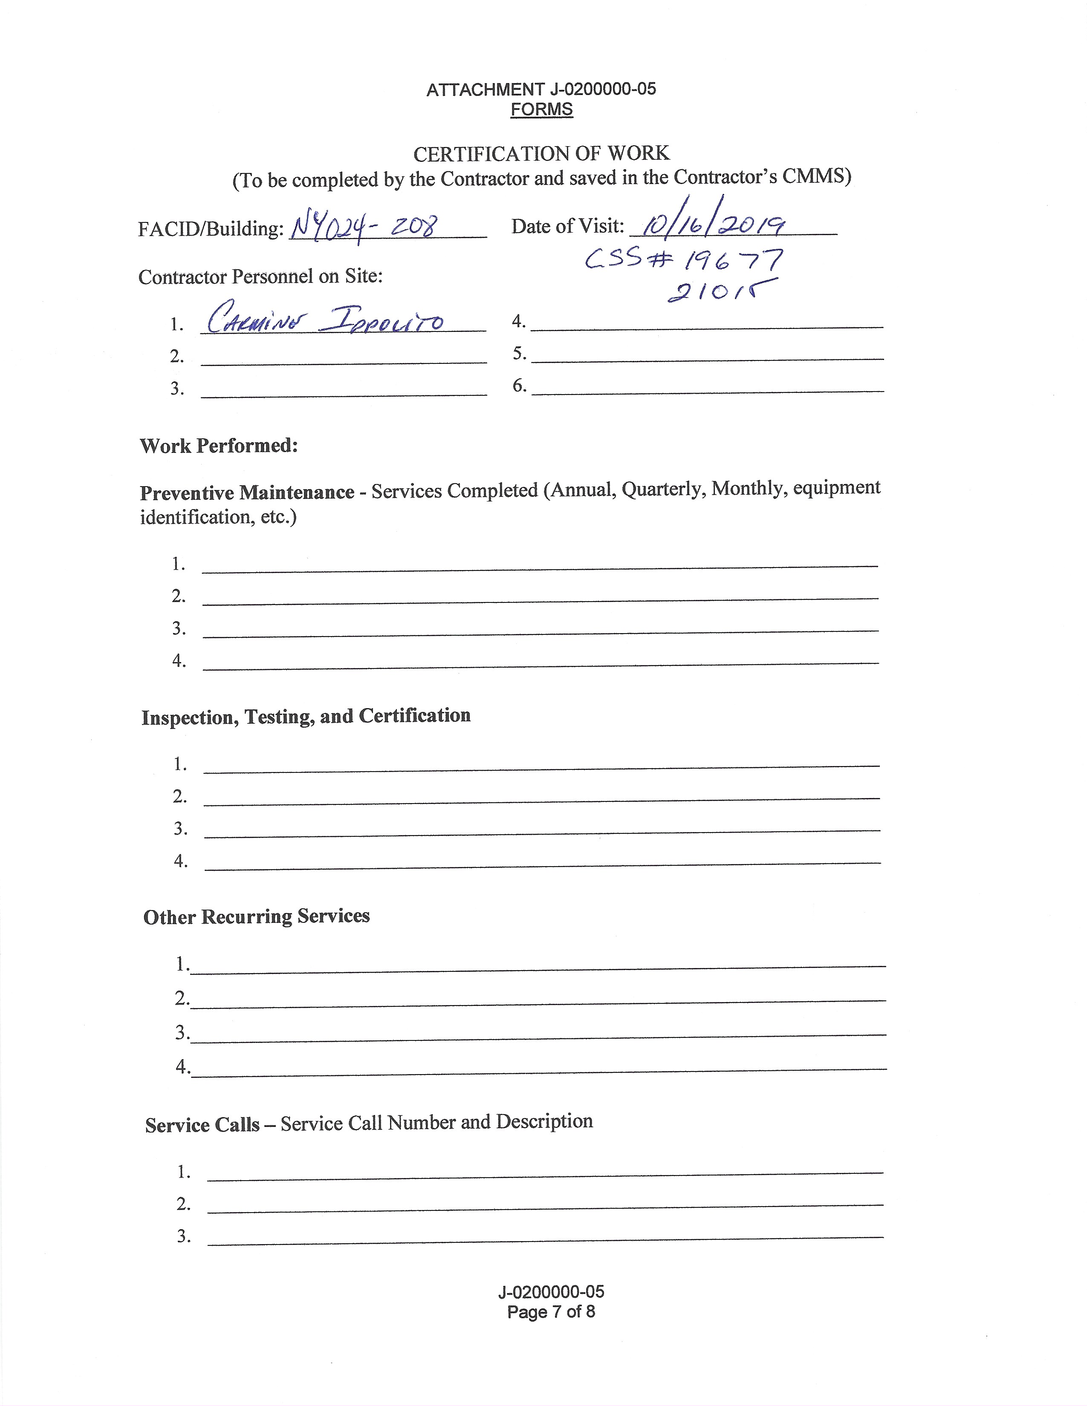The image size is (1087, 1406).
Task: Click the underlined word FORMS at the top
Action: tap(541, 109)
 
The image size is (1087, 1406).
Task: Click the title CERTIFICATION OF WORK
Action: tap(541, 153)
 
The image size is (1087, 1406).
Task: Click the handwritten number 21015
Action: tap(721, 291)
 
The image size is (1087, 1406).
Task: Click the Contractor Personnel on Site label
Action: tap(260, 277)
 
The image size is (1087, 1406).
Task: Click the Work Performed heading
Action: tap(219, 446)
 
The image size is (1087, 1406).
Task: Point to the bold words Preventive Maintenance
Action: tap(247, 493)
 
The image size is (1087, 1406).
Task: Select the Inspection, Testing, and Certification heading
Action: tap(306, 717)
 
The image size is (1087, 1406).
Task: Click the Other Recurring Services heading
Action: tap(256, 917)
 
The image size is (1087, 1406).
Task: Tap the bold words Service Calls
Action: tap(202, 1125)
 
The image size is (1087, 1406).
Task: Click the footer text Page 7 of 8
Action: tap(551, 1312)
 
